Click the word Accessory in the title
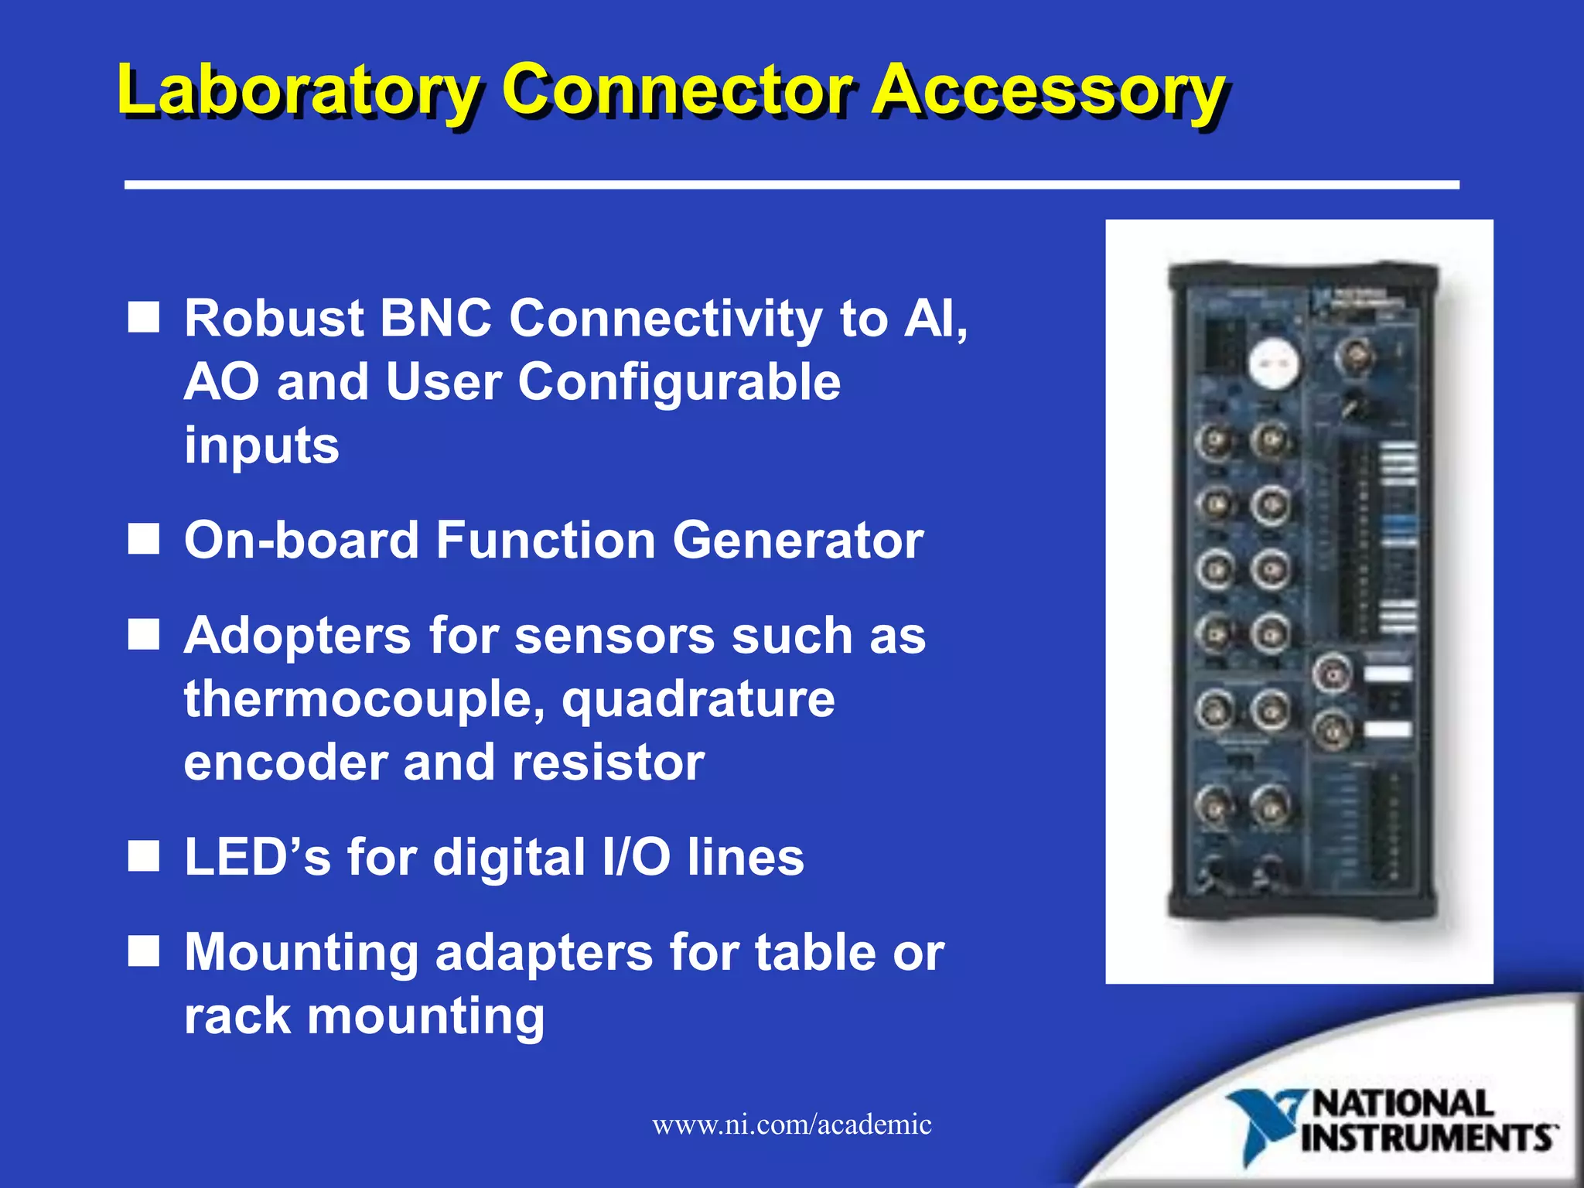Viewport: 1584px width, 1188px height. pos(1048,90)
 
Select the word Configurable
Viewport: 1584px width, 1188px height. pos(678,382)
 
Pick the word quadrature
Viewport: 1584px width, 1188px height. pos(698,699)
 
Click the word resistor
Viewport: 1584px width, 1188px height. pos(608,763)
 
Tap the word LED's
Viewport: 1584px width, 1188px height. pos(256,858)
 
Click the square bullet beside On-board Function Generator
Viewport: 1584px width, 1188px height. pos(144,539)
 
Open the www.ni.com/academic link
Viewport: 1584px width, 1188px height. pos(791,1124)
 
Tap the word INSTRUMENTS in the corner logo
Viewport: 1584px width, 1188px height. pos(1427,1138)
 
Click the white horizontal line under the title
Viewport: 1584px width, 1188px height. pos(791,185)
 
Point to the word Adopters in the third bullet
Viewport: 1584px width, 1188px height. pos(297,636)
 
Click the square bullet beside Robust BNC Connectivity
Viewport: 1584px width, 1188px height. pos(144,317)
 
